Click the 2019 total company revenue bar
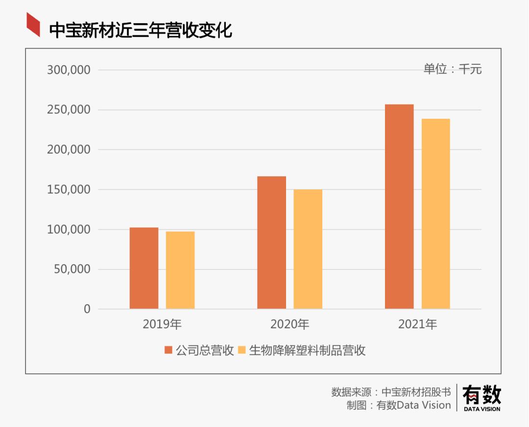[144, 268]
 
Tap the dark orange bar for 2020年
[271, 242]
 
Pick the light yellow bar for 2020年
[308, 249]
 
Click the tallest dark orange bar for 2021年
[399, 207]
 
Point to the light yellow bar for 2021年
[435, 213]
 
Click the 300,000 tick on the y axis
[69, 70]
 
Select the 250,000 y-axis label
[69, 110]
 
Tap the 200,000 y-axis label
[69, 150]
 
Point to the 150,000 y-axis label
[69, 189]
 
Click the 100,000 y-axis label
[69, 230]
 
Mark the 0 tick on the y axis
[87, 309]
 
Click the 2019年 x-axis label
[162, 324]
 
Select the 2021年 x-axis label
[417, 324]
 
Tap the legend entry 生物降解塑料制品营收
[302, 350]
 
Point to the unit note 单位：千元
[453, 69]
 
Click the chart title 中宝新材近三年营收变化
[141, 30]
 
